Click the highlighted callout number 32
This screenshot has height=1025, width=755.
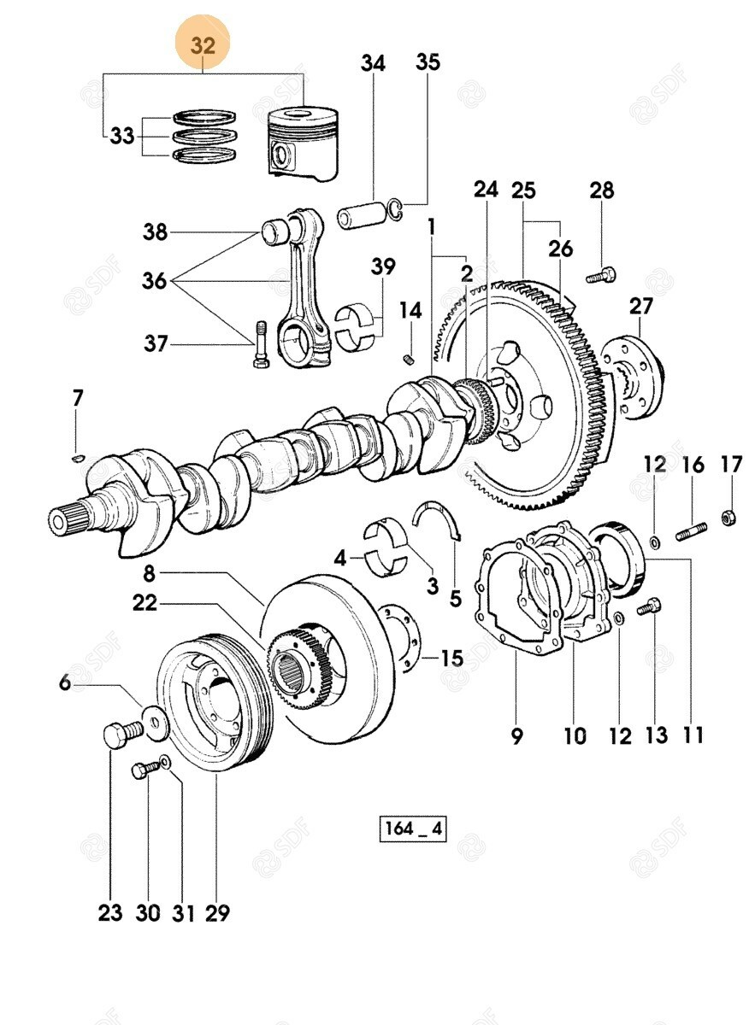(x=203, y=46)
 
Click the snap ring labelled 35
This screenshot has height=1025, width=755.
(x=394, y=208)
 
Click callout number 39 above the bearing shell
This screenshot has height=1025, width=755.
(x=383, y=266)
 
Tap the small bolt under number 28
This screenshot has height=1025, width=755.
(x=601, y=274)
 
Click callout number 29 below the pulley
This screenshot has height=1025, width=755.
(x=217, y=912)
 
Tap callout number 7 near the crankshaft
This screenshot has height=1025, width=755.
(x=78, y=397)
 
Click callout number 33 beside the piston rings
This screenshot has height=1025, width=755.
(x=122, y=135)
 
